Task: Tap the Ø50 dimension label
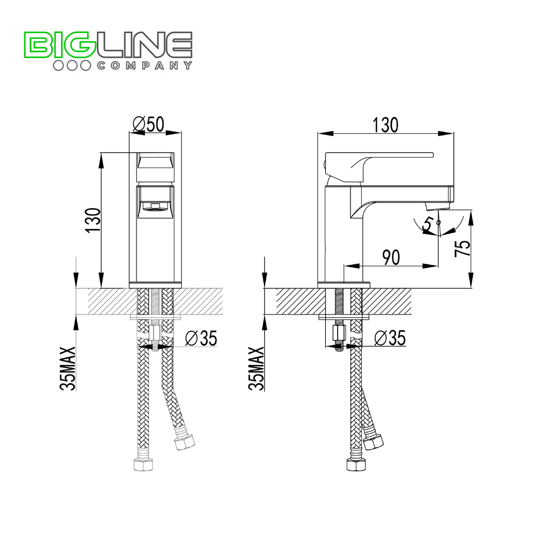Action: [149, 124]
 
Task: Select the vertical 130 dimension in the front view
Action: [93, 220]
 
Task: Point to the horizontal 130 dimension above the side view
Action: [385, 125]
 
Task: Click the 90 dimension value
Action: [391, 257]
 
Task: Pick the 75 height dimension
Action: [463, 248]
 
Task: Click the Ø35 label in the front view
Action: [201, 338]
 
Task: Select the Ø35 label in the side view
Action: [390, 338]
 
